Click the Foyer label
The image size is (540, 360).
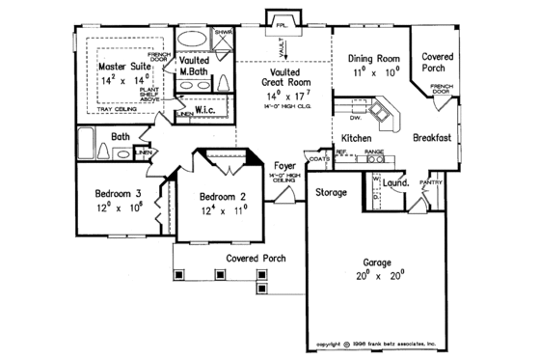(284, 164)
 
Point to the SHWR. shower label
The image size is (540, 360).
(222, 31)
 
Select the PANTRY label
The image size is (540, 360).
(429, 181)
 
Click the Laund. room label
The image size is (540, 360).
(395, 182)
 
